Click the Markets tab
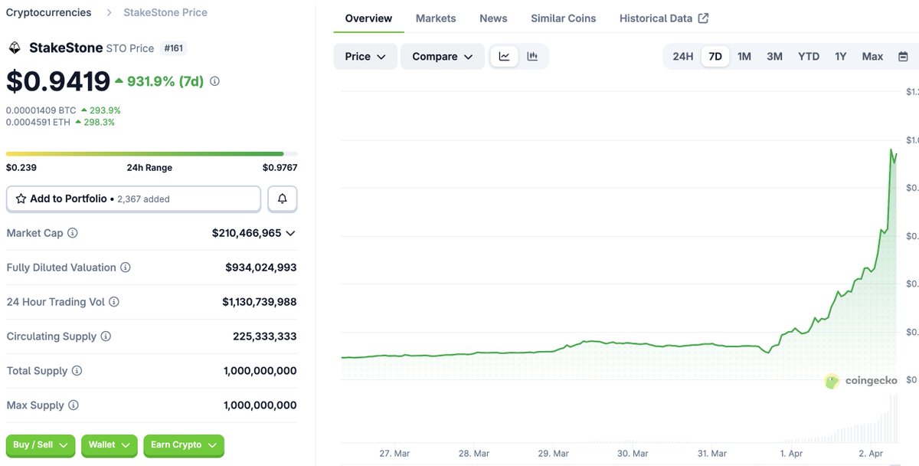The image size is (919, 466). (x=436, y=18)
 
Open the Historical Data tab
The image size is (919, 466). (x=663, y=18)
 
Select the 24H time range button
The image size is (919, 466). (x=682, y=57)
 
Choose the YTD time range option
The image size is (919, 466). (x=808, y=57)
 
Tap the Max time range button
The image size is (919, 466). (x=872, y=57)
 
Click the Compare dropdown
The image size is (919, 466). (x=442, y=57)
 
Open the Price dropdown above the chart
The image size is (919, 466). (x=365, y=57)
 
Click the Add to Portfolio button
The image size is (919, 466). (x=133, y=199)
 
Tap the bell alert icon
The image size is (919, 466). (x=282, y=199)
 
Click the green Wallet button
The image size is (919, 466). (x=109, y=445)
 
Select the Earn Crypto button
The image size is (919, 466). (x=184, y=445)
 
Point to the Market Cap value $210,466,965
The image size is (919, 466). (x=247, y=233)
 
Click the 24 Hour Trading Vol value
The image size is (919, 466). (x=259, y=302)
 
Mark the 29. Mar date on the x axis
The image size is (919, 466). (x=554, y=453)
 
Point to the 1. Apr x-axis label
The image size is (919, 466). (x=792, y=453)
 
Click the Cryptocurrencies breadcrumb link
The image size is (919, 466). (x=48, y=12)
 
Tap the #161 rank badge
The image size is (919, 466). (x=174, y=48)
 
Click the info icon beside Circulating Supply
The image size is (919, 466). (x=106, y=336)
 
